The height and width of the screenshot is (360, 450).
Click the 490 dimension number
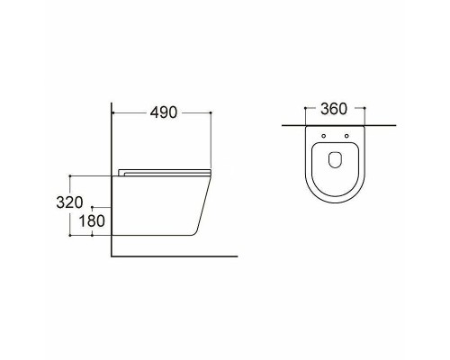click(x=164, y=112)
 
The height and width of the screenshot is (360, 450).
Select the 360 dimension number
click(x=334, y=109)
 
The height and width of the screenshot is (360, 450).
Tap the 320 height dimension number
click(x=69, y=202)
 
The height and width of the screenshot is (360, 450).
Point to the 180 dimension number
click(x=92, y=221)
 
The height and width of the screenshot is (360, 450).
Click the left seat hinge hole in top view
click(x=323, y=136)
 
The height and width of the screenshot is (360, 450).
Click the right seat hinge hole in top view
click(x=346, y=136)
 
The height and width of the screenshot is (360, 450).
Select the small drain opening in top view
click(x=335, y=159)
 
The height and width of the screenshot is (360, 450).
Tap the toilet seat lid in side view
click(x=165, y=173)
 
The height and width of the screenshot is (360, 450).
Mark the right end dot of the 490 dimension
click(x=211, y=112)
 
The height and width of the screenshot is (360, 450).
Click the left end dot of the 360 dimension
click(x=305, y=108)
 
